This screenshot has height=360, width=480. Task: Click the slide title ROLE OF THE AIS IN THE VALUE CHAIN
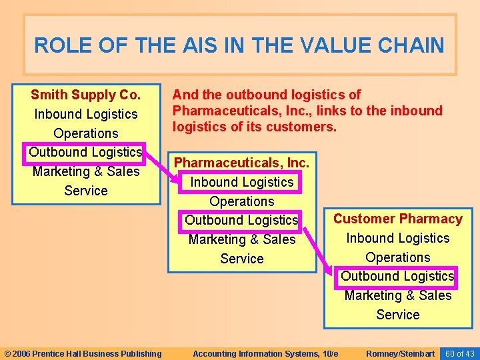[239, 45]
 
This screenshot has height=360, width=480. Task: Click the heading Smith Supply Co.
[85, 95]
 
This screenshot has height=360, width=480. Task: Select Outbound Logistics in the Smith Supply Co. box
[85, 152]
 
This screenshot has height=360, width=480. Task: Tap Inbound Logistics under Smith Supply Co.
[85, 114]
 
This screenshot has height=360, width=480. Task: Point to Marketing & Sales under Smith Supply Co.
[85, 171]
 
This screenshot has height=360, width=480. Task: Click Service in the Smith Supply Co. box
[85, 191]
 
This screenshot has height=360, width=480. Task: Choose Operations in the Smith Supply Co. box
[85, 133]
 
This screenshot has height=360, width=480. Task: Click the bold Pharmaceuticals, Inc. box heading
[241, 163]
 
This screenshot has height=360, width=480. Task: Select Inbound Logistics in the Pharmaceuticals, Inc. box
[241, 182]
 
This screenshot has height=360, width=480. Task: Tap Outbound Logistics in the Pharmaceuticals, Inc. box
[241, 220]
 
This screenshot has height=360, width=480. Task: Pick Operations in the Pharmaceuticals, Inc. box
[241, 201]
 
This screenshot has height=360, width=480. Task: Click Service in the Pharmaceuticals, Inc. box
[241, 259]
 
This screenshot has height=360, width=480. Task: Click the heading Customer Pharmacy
[397, 219]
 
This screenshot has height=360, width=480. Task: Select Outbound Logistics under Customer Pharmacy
[397, 276]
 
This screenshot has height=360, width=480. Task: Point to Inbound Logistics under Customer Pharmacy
[397, 238]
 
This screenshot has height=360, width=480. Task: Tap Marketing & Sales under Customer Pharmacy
[397, 295]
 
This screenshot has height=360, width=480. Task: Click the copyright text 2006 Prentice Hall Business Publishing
[83, 353]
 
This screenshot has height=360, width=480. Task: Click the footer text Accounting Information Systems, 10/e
[265, 353]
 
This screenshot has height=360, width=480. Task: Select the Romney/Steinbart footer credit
[401, 353]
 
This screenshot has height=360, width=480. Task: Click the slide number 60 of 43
[460, 353]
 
